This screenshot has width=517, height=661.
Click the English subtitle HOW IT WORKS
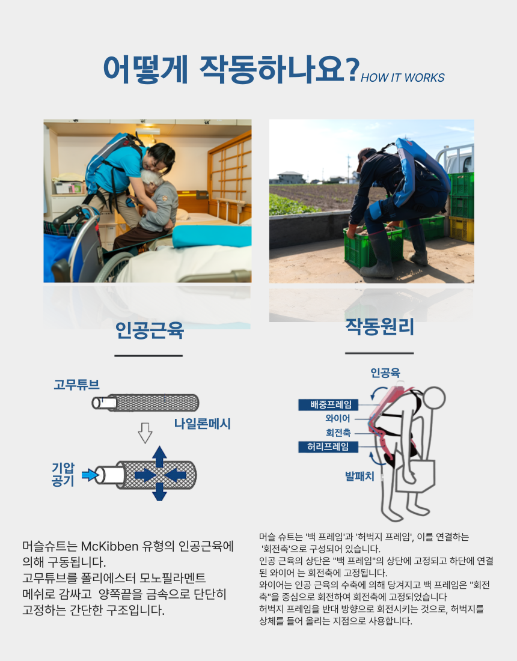[x=402, y=78]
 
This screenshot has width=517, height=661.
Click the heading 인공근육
[x=149, y=330]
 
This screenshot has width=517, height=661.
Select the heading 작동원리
[x=379, y=327]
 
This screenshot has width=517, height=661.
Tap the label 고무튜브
[x=76, y=384]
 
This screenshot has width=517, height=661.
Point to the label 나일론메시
[x=203, y=424]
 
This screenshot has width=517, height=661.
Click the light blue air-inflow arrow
[x=88, y=475]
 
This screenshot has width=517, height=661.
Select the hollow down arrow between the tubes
[x=144, y=431]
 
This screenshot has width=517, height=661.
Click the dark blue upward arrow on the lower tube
[x=159, y=456]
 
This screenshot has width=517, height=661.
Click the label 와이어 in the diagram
[x=337, y=418]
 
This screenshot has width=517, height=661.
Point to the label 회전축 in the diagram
[x=338, y=432]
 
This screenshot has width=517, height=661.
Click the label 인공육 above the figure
[x=385, y=373]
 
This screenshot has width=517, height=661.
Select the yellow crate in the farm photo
[x=462, y=229]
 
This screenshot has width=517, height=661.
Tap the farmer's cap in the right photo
[x=362, y=156]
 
